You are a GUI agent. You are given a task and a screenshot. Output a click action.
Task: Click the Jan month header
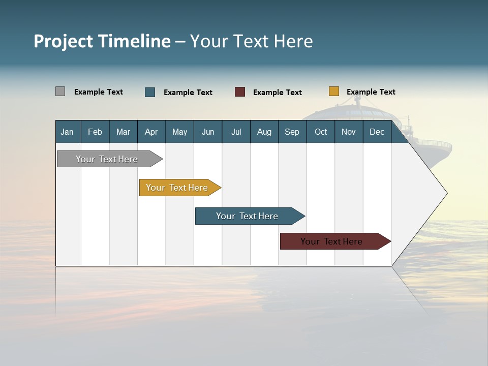[x=68, y=132]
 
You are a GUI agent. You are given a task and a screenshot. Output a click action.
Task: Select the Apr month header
[x=151, y=132]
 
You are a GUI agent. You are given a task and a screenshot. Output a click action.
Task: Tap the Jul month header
[x=236, y=132]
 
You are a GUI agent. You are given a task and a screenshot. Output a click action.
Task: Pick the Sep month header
[x=292, y=132]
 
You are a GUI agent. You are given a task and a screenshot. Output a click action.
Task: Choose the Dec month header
[x=377, y=132]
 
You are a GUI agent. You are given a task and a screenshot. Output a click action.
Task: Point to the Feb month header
[x=95, y=132]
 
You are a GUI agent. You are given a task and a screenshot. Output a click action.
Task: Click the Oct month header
[x=321, y=132]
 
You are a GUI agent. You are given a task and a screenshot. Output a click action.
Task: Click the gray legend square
[x=60, y=91]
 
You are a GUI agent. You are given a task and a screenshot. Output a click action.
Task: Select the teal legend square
[x=150, y=92]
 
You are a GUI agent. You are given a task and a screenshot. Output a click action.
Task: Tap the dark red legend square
[x=240, y=92]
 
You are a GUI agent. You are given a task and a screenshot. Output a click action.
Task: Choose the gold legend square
[x=334, y=91]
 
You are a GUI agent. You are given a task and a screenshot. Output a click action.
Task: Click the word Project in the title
[x=64, y=41]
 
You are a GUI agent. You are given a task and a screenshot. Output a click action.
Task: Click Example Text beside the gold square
[x=371, y=92]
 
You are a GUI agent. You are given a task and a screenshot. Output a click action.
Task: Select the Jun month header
[x=208, y=132]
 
